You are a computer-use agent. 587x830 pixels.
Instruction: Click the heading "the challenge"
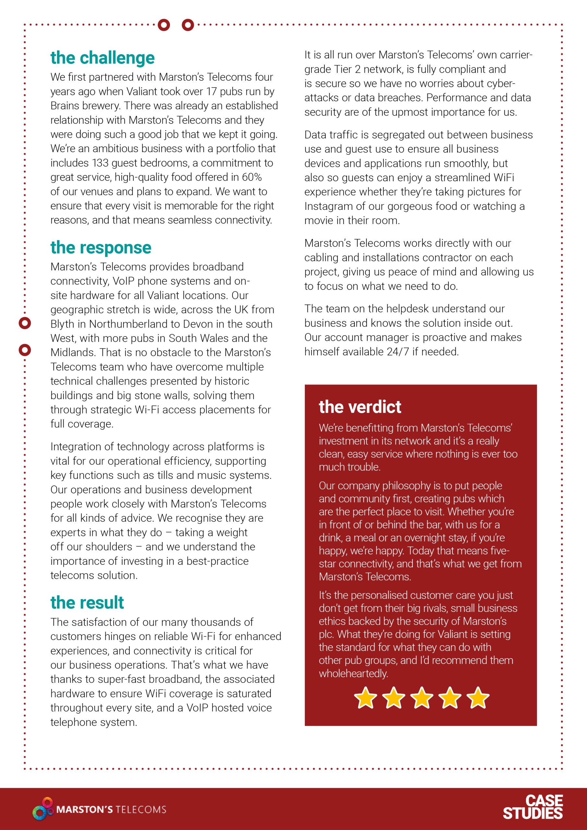click(102, 58)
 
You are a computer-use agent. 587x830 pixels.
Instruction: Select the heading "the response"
click(101, 248)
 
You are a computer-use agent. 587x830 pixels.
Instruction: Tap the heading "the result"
click(87, 603)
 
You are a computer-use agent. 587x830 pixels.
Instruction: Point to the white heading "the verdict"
click(360, 407)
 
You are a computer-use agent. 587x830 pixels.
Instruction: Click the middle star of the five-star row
click(421, 697)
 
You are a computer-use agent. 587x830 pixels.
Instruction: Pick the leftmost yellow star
click(365, 697)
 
